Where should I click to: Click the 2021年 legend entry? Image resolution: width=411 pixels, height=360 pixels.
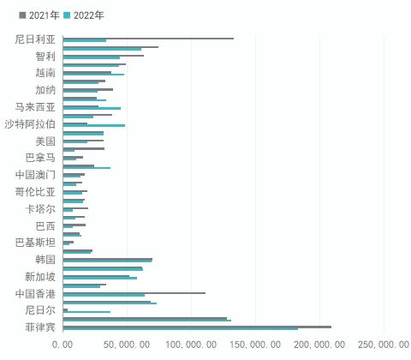39,15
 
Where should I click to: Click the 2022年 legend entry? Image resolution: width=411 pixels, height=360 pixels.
84,15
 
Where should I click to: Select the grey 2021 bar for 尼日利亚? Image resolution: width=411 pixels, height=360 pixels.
148,39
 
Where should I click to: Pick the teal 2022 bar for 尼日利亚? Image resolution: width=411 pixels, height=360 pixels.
85,40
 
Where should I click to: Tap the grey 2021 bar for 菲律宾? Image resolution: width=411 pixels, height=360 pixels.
197,327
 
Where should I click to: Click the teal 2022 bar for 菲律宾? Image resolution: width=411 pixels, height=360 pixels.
181,329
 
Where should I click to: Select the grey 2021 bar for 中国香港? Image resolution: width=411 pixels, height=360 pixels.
134,293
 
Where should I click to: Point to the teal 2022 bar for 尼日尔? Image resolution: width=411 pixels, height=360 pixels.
86,312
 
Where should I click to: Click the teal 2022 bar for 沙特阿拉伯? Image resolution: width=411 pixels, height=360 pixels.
94,125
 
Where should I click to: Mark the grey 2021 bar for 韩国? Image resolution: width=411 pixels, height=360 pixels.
108,259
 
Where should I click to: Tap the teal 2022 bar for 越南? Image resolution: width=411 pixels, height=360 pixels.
93,75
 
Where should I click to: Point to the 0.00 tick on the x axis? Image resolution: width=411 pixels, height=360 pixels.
63,345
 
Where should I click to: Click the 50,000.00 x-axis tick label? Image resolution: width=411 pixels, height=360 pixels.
127,345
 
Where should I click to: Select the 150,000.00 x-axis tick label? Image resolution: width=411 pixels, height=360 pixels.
255,345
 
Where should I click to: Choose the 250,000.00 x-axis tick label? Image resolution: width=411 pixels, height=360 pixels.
384,345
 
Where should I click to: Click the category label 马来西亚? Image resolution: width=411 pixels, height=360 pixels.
35,107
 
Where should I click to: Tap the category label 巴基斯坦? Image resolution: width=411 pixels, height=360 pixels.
35,243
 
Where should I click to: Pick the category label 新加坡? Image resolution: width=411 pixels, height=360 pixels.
40,277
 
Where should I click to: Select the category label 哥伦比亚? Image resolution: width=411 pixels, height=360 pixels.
35,192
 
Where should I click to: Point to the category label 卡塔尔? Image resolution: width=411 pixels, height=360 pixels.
40,209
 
